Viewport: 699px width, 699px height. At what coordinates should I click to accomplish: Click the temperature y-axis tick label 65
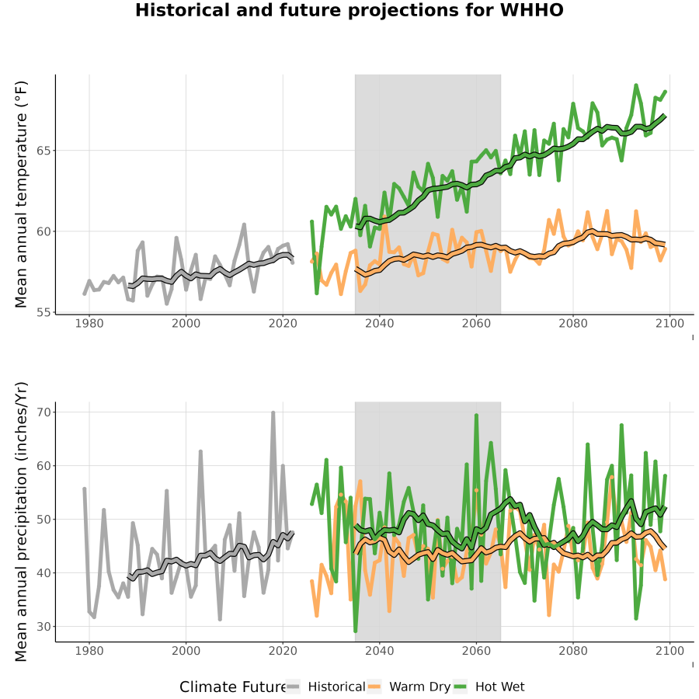43,151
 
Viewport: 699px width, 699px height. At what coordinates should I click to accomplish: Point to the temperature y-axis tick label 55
43,312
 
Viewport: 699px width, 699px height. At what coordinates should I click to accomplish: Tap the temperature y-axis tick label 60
43,231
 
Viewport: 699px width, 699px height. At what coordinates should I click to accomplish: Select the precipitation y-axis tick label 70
43,412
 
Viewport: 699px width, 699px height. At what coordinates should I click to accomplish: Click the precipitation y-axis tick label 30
43,626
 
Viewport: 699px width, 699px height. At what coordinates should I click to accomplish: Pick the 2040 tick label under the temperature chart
379,323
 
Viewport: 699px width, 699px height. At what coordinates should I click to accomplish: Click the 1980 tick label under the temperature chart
89,323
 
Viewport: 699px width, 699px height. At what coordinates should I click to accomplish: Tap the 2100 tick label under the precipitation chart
669,651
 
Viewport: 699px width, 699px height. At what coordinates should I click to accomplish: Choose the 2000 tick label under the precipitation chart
186,651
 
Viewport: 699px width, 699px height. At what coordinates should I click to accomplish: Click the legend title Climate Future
233,687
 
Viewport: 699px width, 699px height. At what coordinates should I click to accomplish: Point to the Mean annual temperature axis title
21,194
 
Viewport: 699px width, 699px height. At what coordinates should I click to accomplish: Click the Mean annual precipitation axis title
21,522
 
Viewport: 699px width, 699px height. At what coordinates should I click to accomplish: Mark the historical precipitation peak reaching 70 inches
273,413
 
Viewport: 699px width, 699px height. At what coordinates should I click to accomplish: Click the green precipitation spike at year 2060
476,416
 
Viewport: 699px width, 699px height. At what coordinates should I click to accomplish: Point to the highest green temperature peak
636,85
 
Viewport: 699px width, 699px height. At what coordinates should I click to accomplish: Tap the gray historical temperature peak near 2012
244,224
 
